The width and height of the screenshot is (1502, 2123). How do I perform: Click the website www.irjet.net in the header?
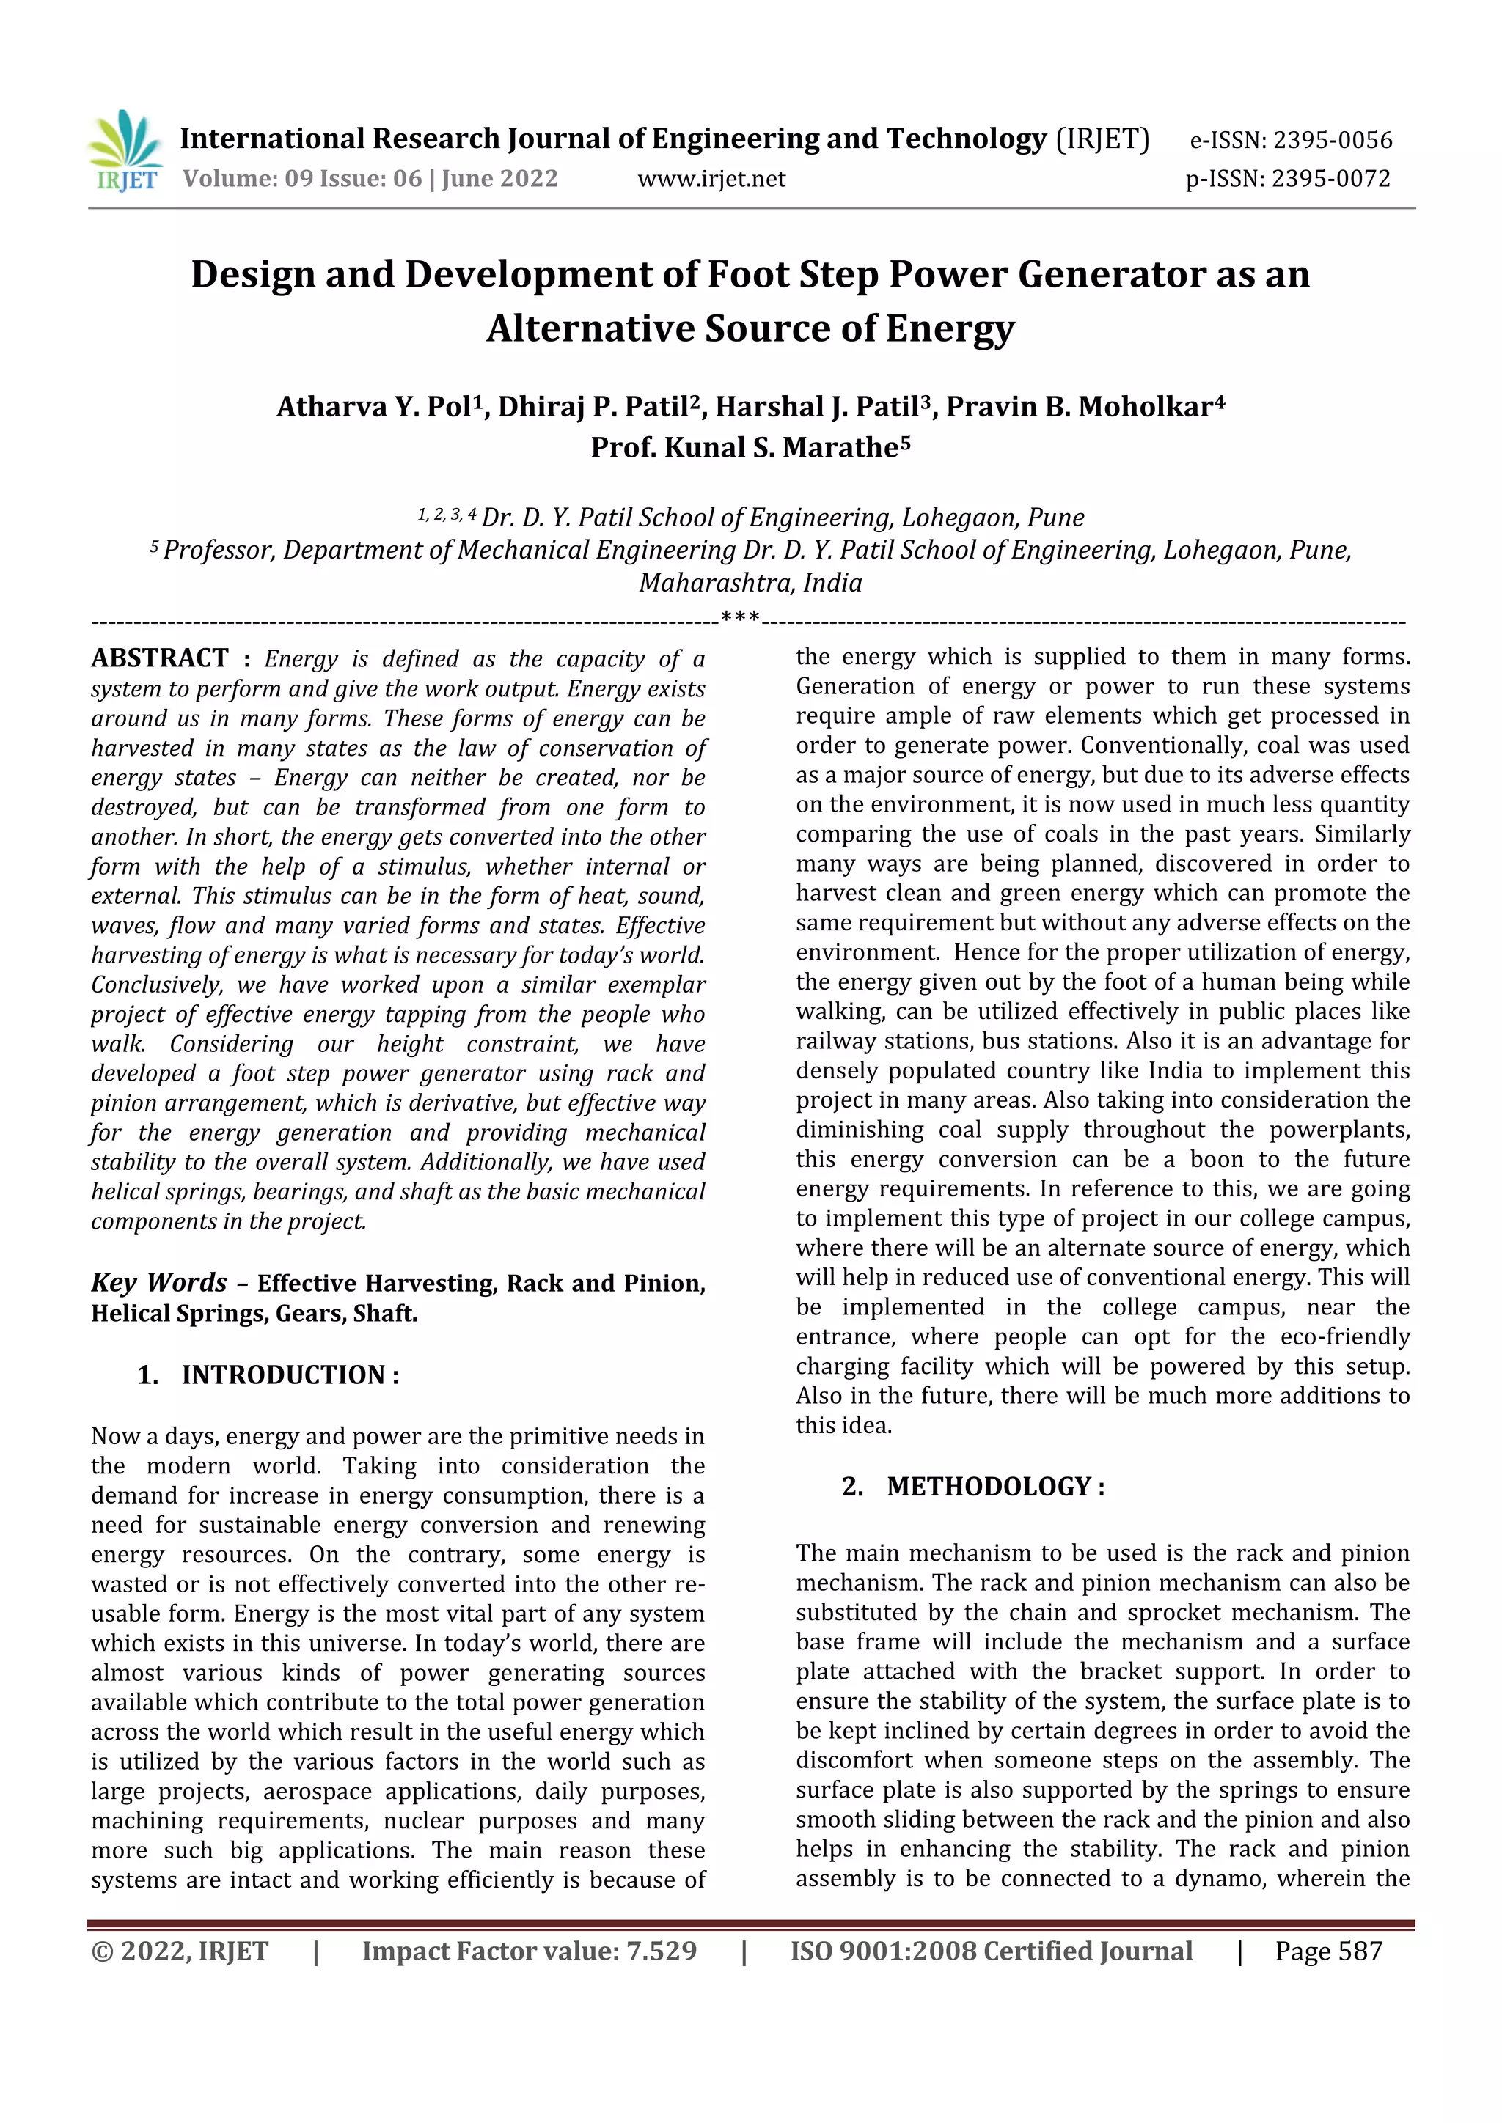click(x=711, y=178)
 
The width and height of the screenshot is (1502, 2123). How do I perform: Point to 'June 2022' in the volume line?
click(x=499, y=178)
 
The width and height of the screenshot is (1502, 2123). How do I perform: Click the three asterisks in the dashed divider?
click(x=740, y=617)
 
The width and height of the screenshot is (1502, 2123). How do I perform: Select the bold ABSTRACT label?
click(x=160, y=658)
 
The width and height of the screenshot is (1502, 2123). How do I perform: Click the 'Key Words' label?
click(x=159, y=1282)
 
